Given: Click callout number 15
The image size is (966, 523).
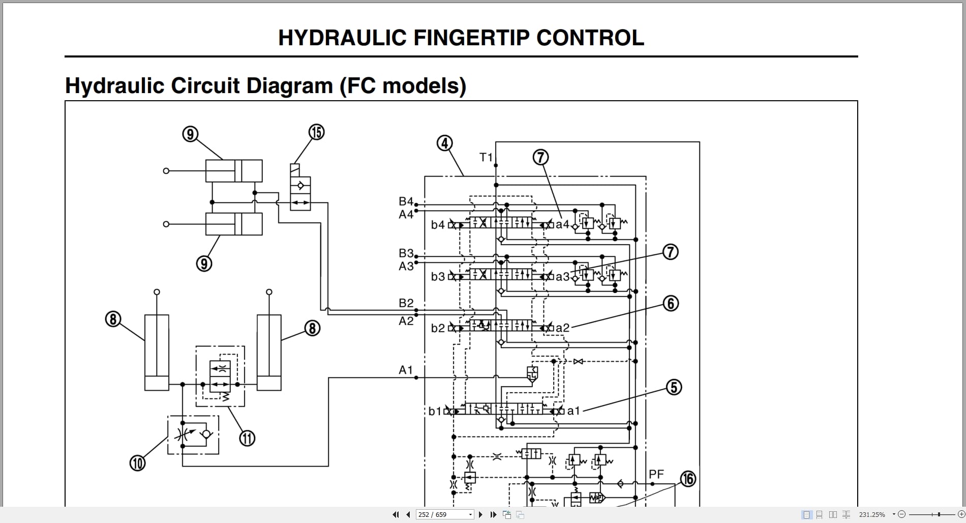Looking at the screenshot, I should tap(316, 132).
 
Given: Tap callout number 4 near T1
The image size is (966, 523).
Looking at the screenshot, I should tap(445, 143).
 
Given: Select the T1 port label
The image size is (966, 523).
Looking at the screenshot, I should tap(486, 157).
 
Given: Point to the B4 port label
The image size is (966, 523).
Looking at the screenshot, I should tap(406, 201).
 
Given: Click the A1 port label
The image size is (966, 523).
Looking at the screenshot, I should tap(406, 370).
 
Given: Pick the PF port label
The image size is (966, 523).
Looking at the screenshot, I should tap(656, 474).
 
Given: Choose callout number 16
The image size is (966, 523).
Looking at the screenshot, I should tap(688, 479).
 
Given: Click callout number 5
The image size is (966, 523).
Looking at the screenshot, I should tap(674, 387).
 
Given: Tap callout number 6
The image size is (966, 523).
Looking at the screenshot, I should tap(671, 304).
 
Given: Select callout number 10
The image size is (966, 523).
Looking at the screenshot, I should tap(137, 463).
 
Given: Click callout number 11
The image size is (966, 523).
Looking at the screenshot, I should tap(247, 438).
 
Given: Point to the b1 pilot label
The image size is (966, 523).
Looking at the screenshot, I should tap(435, 411).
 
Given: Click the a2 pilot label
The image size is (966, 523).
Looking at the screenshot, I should tap(562, 328).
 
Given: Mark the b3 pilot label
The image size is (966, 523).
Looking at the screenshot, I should tap(438, 277).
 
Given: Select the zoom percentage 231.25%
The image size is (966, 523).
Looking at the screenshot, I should tap(872, 514).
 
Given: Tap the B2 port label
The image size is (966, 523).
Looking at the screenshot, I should tap(406, 303).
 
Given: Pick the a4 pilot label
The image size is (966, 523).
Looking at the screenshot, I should tap(562, 224).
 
